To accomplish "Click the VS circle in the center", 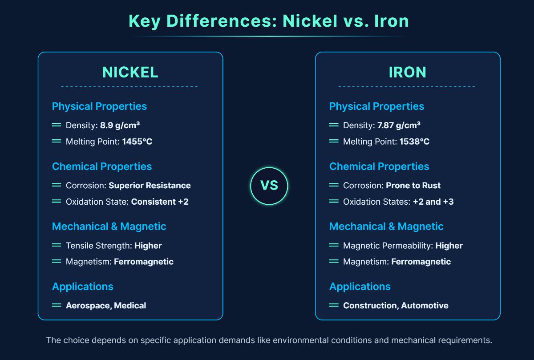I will pos(269,186).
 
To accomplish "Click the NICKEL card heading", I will pos(130,72).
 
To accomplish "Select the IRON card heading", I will pos(407,72).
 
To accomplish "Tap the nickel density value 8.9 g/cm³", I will pos(120,125).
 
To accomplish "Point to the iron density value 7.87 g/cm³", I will pos(399,125).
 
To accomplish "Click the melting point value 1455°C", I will pos(137,142).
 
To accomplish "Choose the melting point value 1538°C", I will pos(414,142).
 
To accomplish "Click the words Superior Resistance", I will pos(150,186).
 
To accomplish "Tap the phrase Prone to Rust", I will pos(413,186).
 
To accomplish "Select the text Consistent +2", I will pos(160,202).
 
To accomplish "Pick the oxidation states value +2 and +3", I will pos(433,202).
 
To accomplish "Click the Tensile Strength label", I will pos(98,246).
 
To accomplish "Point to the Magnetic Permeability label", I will pos(388,246).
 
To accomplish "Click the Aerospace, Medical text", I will pos(106,306).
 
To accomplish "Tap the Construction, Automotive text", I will pos(396,306).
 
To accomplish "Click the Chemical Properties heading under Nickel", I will pos(102,166).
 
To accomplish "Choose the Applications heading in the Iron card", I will pos(360,287).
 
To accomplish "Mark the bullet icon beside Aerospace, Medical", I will pos(57,305).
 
